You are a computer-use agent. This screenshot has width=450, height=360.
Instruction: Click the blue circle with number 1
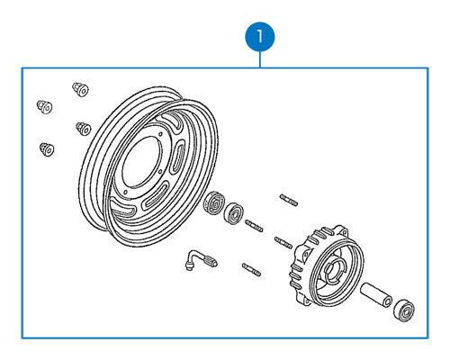pos(260,37)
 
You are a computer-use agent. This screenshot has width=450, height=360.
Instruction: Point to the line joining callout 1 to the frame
pos(260,59)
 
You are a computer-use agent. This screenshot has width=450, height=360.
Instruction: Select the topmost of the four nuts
pos(80,89)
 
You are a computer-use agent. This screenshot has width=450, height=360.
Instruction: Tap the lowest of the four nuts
pos(47,149)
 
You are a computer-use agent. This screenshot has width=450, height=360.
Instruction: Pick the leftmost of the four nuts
pos(44,107)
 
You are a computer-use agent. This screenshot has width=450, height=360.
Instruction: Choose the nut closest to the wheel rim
pos(84,129)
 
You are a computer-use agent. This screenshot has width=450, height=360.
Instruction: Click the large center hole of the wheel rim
pos(142,162)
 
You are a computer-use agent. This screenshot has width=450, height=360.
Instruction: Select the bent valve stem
pos(201,259)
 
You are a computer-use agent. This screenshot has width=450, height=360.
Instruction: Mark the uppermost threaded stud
pos(289,200)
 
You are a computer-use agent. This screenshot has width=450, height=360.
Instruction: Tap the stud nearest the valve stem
pos(251,269)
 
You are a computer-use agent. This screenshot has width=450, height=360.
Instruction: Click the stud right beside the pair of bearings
pos(254,226)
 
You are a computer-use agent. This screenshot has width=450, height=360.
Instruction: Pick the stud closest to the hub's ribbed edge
pos(283,242)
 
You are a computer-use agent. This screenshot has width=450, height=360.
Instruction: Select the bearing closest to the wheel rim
pos(213,202)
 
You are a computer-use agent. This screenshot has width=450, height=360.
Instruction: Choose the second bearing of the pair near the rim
pos(234,213)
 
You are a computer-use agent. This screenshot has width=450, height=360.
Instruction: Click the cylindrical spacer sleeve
pos(376,295)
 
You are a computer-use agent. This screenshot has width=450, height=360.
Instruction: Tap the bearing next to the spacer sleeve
pos(404,310)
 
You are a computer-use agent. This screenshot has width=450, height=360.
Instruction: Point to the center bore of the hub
pos(332,271)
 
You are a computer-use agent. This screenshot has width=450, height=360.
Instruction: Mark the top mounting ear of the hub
pos(343,231)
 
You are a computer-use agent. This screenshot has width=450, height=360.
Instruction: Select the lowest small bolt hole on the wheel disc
pos(125,192)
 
